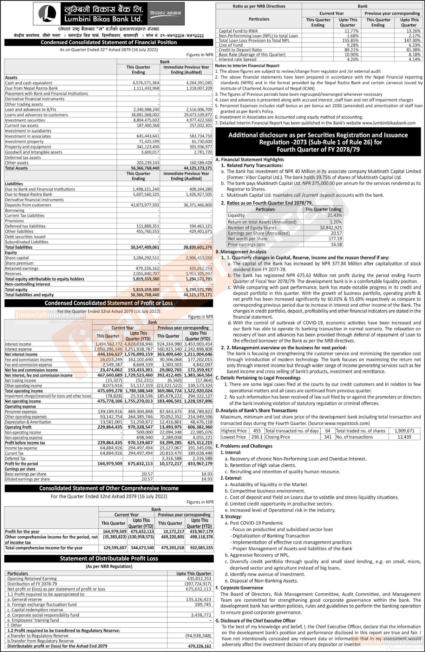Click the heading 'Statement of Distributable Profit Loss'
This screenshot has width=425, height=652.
(x=109, y=559)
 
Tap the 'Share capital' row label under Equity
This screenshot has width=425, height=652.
(x=17, y=258)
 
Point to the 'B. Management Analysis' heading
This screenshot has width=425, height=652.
(x=241, y=252)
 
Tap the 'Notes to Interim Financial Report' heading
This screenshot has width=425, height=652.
(x=247, y=66)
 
